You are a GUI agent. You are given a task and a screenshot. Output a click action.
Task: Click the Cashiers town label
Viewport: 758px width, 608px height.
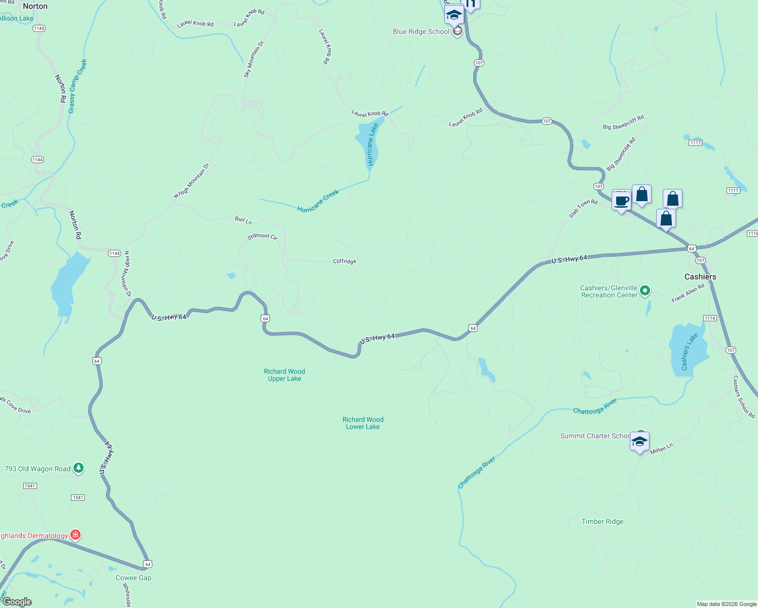pyautogui.click(x=700, y=277)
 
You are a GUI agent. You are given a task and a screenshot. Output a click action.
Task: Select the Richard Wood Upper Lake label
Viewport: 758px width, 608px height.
pyautogui.click(x=284, y=375)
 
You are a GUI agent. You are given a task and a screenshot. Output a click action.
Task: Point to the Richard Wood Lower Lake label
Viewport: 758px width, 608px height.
pyautogui.click(x=363, y=423)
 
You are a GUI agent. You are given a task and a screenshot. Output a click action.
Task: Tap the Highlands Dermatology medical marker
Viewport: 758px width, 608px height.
pyautogui.click(x=75, y=535)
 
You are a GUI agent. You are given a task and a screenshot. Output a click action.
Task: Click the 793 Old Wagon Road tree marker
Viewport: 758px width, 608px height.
pyautogui.click(x=78, y=468)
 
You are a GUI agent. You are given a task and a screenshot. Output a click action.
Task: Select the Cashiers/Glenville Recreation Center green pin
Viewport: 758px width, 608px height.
pyautogui.click(x=645, y=291)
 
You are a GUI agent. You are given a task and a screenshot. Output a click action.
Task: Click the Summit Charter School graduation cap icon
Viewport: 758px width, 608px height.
pyautogui.click(x=639, y=441)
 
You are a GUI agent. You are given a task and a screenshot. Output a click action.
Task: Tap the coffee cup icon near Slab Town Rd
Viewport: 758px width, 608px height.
pyautogui.click(x=621, y=201)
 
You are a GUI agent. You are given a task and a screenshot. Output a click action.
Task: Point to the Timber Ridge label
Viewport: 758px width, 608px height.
pyautogui.click(x=602, y=521)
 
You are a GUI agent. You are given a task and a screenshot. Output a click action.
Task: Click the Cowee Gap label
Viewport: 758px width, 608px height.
pyautogui.click(x=133, y=578)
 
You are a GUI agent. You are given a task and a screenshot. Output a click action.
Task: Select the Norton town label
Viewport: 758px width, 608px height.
pyautogui.click(x=35, y=6)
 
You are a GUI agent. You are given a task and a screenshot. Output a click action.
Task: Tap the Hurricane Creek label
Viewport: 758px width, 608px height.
pyautogui.click(x=318, y=201)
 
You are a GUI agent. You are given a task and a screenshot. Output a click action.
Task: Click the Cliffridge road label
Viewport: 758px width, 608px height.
pyautogui.click(x=345, y=261)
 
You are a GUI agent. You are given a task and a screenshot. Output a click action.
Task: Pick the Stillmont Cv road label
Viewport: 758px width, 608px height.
pyautogui.click(x=262, y=236)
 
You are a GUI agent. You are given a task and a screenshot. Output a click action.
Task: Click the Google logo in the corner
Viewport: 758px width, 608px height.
pyautogui.click(x=17, y=602)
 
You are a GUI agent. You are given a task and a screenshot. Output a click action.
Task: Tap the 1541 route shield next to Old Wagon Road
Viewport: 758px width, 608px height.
pyautogui.click(x=30, y=486)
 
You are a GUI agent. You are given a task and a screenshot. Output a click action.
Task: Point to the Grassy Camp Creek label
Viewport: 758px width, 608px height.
pyautogui.click(x=78, y=86)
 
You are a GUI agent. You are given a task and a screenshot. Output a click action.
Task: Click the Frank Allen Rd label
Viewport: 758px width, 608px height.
pyautogui.click(x=688, y=293)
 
